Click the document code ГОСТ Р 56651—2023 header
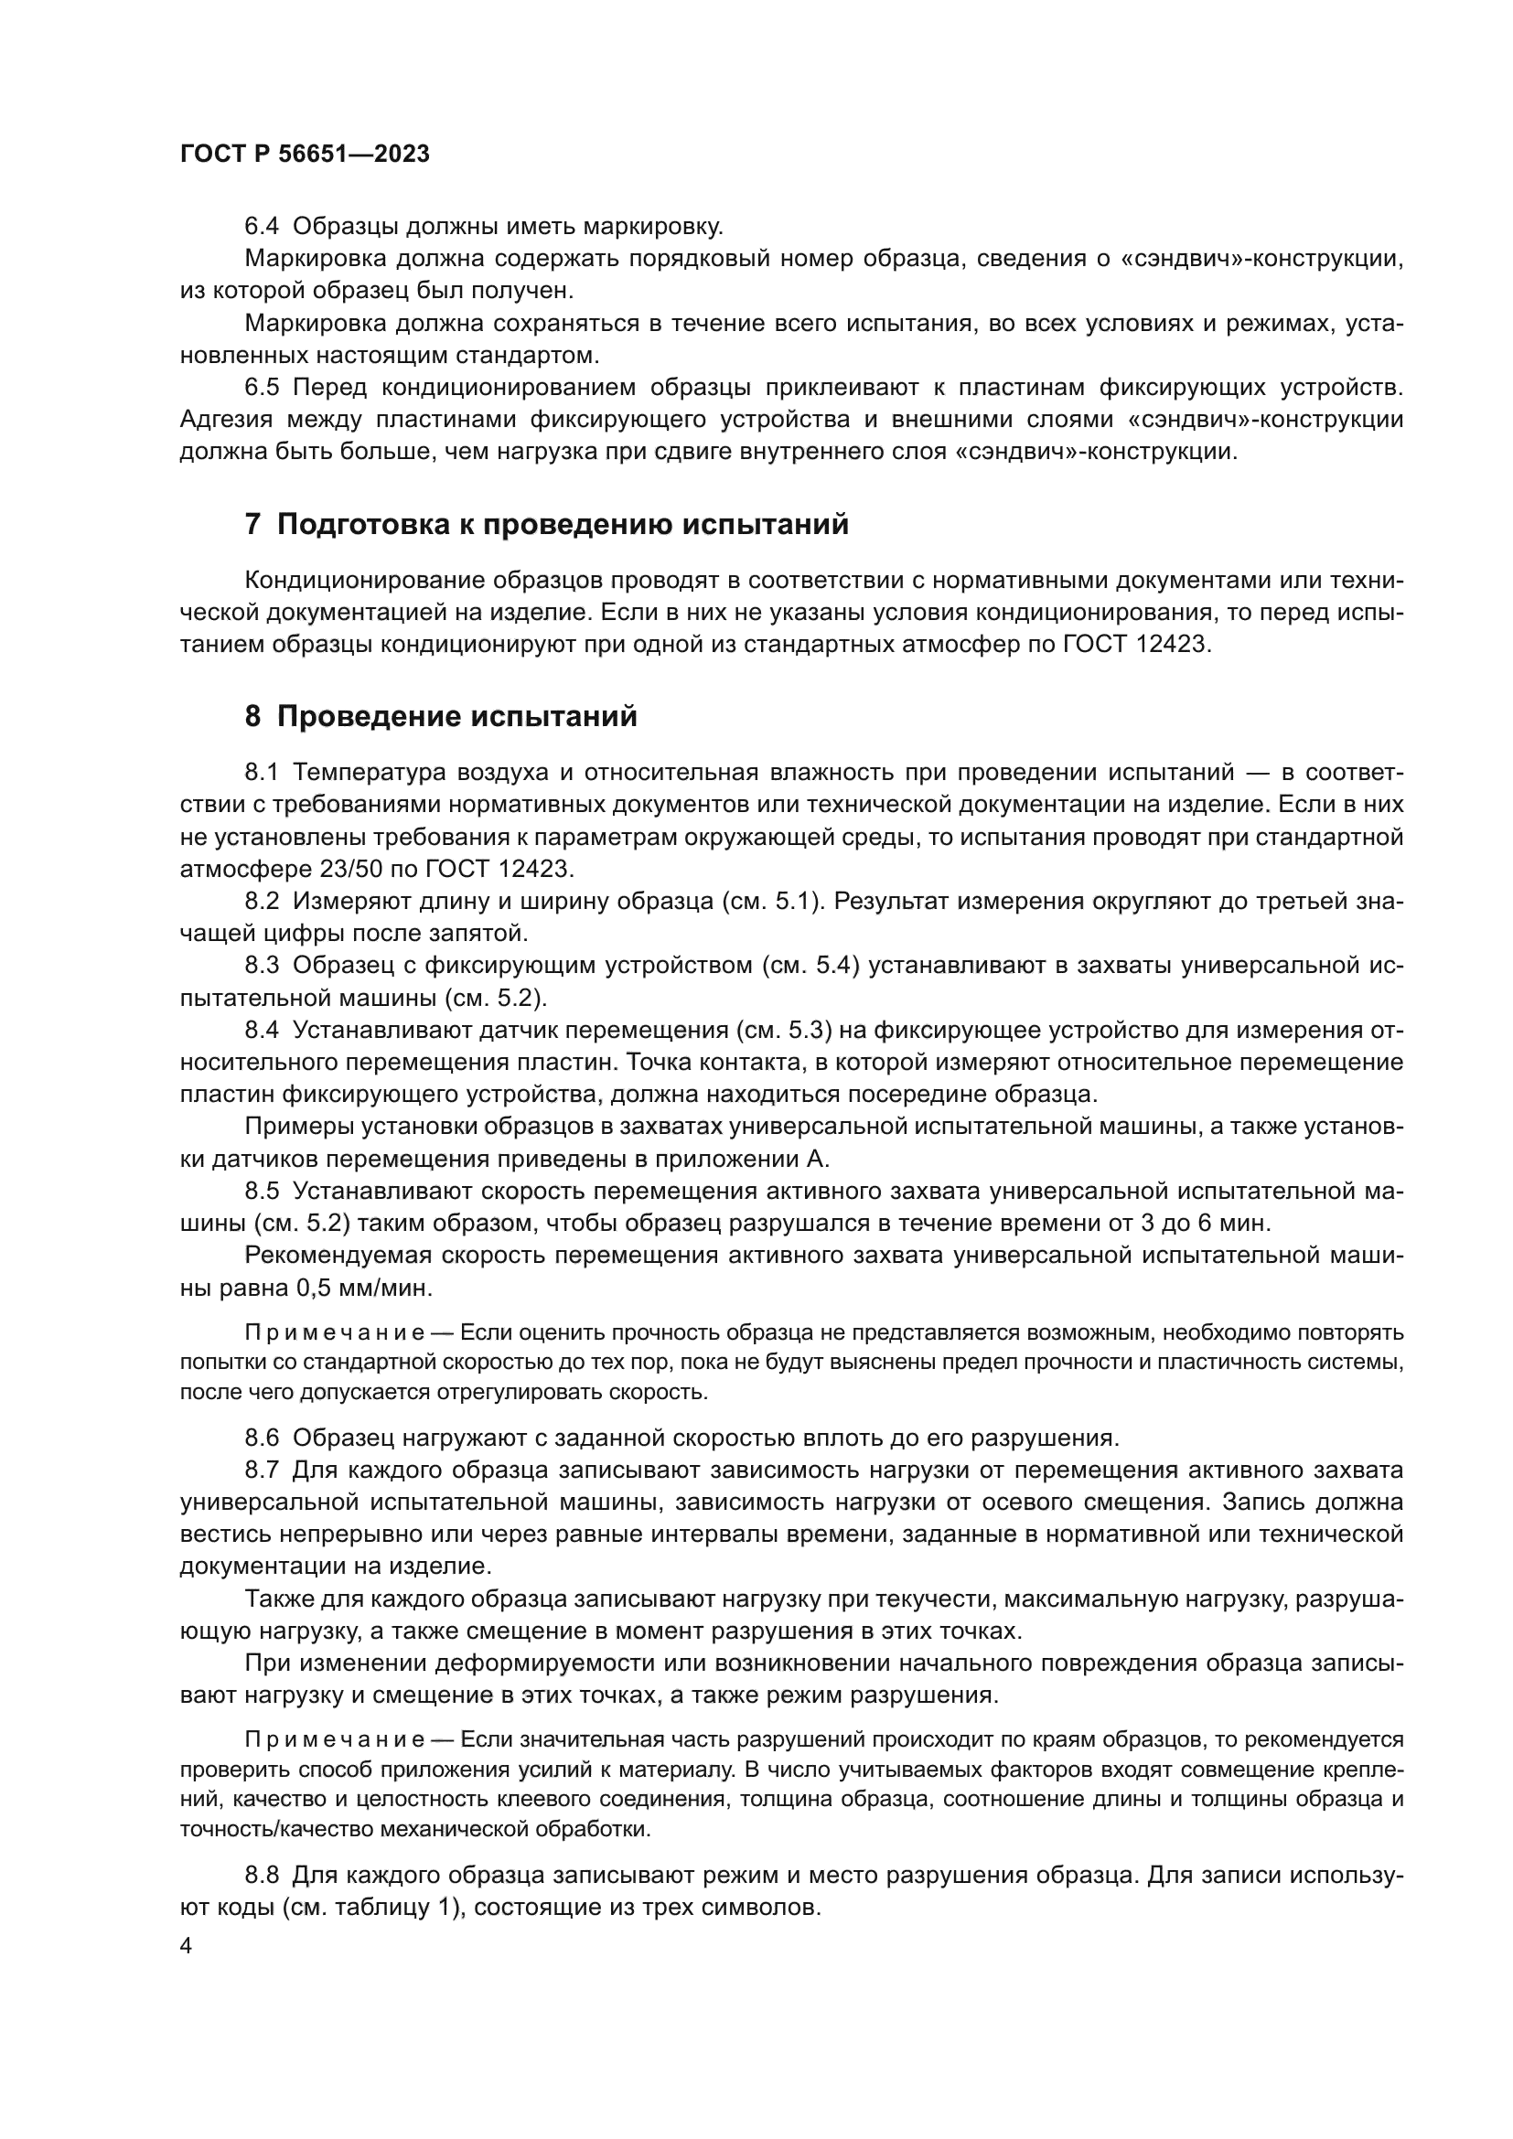pos(305,155)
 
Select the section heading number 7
pos(252,525)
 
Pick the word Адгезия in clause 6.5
pos(226,419)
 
